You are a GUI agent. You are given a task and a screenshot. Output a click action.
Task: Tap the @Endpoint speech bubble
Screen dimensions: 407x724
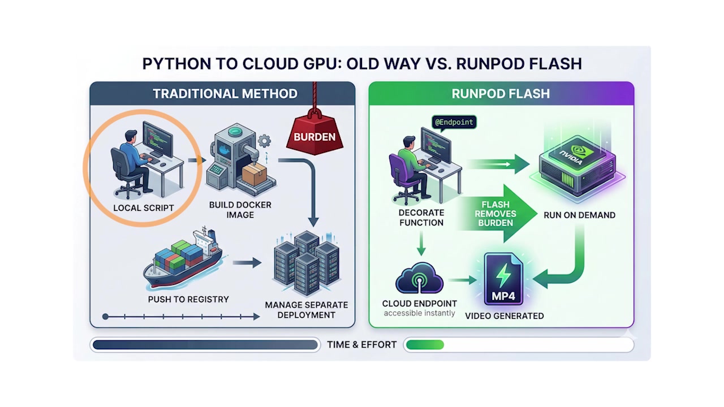(x=454, y=122)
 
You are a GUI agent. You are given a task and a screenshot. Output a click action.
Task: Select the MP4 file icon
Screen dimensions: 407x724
(x=503, y=280)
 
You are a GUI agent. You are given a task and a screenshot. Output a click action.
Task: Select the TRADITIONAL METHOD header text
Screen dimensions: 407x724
(x=225, y=94)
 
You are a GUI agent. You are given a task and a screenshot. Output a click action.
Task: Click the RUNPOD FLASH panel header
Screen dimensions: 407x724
(x=501, y=94)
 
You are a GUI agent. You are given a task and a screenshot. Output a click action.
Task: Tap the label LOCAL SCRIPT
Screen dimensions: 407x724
(x=143, y=208)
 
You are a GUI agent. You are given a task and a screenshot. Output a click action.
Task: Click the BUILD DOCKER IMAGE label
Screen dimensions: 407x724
(x=240, y=210)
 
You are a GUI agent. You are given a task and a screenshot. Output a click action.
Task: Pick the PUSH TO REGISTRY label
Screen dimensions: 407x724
(x=188, y=299)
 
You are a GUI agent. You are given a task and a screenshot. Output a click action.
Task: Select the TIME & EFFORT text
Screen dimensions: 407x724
(x=362, y=344)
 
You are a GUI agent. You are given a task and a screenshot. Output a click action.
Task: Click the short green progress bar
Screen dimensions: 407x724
(x=425, y=344)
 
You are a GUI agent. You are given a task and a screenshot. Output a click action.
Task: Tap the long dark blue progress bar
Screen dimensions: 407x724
(x=205, y=344)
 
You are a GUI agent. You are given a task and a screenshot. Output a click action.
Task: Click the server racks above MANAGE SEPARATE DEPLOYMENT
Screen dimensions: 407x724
(x=306, y=263)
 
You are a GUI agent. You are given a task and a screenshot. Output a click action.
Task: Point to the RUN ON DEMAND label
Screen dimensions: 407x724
(x=579, y=215)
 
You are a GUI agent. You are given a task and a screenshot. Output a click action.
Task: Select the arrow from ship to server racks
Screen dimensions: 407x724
(x=247, y=263)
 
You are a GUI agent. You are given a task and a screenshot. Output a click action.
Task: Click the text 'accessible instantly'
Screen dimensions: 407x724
(x=419, y=313)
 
